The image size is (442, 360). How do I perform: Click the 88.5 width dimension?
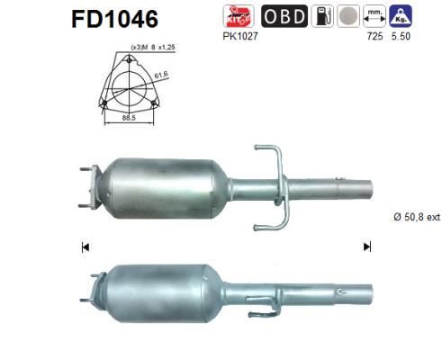pyautogui.click(x=128, y=117)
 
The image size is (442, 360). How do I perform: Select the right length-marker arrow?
pyautogui.click(x=366, y=246)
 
